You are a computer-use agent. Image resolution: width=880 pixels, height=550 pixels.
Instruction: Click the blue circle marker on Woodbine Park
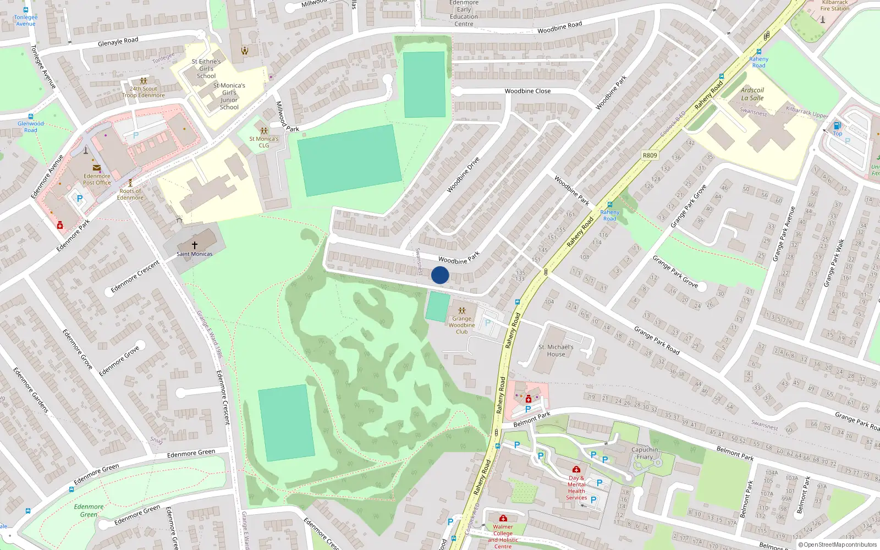[x=440, y=275]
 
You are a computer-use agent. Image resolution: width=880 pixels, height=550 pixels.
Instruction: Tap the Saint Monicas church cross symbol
[x=194, y=245]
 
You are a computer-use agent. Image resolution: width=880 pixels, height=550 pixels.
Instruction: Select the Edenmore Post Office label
[x=97, y=179]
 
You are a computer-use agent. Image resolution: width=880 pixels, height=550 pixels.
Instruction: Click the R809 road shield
[x=650, y=156]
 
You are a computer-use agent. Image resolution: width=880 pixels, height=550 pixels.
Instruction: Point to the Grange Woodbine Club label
[x=461, y=325]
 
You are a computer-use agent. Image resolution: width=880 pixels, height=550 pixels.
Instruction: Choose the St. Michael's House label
[x=555, y=351]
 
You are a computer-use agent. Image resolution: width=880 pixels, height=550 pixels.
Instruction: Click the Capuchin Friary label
[x=645, y=453]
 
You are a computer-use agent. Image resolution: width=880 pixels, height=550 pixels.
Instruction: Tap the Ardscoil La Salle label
[x=752, y=94]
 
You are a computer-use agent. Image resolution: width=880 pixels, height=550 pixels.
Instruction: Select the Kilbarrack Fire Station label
[x=834, y=5]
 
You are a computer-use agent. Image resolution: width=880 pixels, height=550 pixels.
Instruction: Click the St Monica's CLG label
[x=264, y=142]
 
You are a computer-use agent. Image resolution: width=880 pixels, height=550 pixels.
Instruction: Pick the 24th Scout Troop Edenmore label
[x=143, y=92]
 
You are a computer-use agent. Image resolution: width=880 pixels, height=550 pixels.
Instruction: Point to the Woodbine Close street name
[x=527, y=91]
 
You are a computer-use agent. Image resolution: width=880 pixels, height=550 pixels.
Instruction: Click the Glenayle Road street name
[x=118, y=41]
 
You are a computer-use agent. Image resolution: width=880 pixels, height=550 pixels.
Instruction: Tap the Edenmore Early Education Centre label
[x=464, y=13]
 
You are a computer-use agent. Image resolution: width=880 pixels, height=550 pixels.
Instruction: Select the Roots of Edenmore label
[x=130, y=195]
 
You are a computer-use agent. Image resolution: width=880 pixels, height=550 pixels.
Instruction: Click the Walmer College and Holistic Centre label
[x=502, y=536]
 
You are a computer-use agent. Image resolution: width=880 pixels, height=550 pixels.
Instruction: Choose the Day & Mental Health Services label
[x=576, y=488]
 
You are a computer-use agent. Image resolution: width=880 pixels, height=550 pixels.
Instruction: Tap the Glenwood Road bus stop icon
[x=31, y=117]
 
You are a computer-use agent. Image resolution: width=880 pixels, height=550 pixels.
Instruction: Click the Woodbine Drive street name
[x=463, y=175]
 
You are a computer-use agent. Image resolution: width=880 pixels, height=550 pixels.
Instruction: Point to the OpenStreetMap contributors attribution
[x=838, y=545]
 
